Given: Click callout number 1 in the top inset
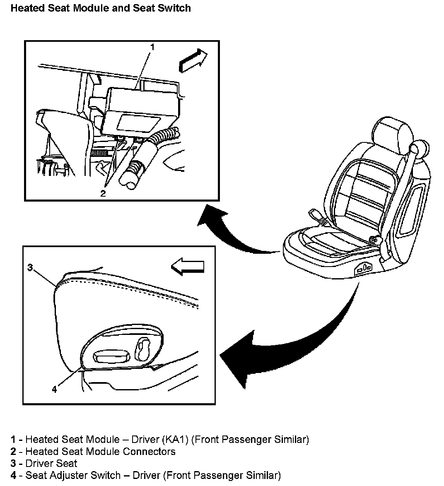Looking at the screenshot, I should point(152,47).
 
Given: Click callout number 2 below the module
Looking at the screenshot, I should point(103,193).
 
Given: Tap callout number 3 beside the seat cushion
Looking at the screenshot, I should point(30,268).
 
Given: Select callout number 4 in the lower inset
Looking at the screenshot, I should point(54,389).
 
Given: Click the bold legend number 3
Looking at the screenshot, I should point(14,463).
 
